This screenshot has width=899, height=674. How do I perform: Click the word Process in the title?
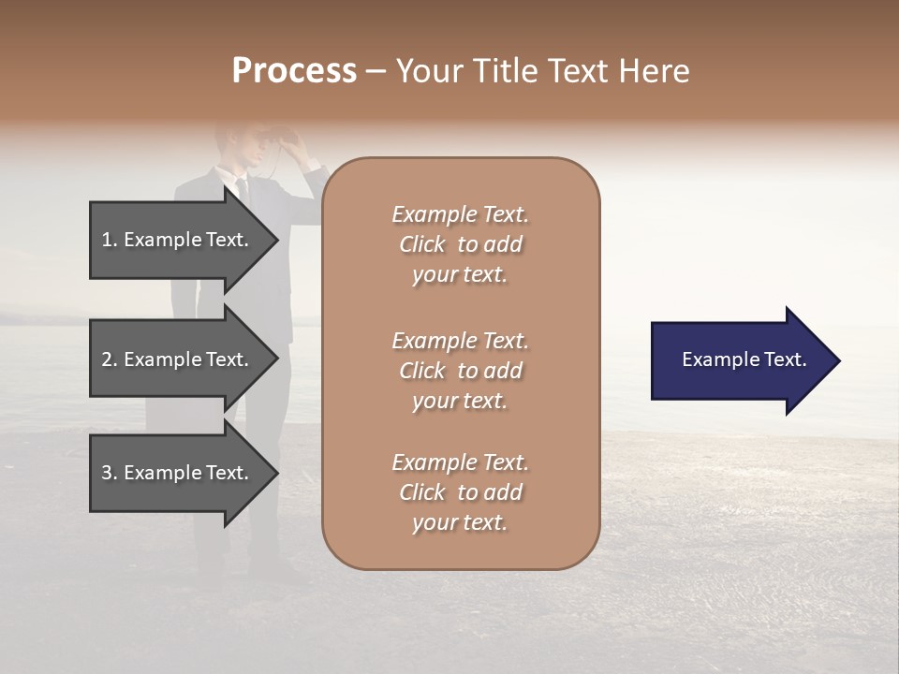point(294,71)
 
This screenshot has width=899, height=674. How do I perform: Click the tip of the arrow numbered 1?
point(276,240)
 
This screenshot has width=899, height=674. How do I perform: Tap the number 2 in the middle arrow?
point(107,359)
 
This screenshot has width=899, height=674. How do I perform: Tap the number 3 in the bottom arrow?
point(107,473)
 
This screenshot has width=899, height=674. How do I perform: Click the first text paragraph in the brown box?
point(460,244)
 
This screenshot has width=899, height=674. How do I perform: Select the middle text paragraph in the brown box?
point(460,371)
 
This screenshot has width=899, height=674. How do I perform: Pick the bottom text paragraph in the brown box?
point(460,492)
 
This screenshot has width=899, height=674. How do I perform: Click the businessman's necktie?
point(243,192)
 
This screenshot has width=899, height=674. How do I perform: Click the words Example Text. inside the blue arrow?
point(744,359)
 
